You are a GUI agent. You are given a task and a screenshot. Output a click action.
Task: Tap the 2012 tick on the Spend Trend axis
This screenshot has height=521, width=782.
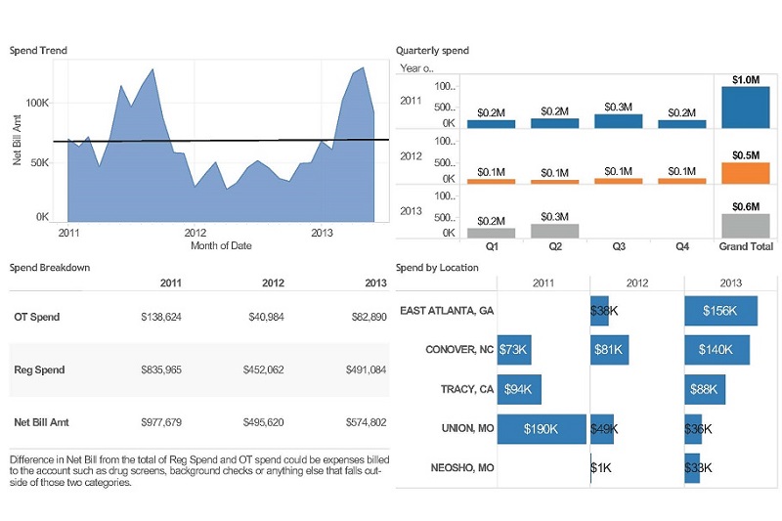[195, 234]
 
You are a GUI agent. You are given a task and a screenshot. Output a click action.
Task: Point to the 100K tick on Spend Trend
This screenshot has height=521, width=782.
[37, 103]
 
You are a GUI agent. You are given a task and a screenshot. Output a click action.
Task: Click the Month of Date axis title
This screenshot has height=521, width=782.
[221, 246]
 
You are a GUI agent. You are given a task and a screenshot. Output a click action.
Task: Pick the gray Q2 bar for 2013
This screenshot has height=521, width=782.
[554, 231]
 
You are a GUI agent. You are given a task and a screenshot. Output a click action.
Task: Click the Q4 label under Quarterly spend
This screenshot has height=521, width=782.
[681, 246]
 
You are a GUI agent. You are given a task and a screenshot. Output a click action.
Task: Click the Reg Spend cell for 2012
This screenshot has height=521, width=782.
[263, 370]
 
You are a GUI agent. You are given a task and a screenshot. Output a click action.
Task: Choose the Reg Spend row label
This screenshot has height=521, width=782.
[39, 370]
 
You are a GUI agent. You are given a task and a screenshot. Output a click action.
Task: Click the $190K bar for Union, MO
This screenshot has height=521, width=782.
[542, 428]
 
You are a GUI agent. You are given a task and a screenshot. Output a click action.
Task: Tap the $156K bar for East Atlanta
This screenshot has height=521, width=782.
[721, 311]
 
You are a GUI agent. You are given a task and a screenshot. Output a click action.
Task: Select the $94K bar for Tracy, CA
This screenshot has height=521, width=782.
[519, 389]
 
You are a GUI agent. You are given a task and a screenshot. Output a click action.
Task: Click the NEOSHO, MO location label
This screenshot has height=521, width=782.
[462, 468]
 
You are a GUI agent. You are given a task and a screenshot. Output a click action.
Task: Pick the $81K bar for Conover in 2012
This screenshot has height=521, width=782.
[610, 349]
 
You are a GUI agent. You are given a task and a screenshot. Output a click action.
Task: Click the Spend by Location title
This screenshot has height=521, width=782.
[437, 267]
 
